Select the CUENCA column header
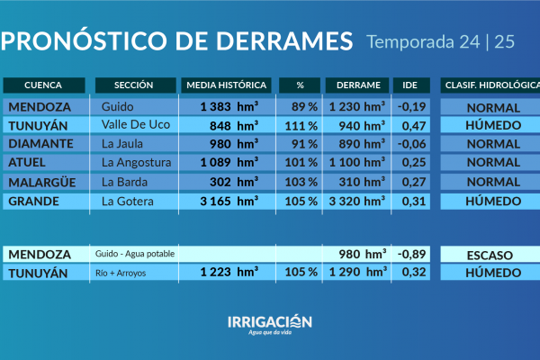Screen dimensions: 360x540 click(43, 85)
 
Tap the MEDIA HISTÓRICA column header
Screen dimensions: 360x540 click(226, 85)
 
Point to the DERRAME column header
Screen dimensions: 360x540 click(357, 85)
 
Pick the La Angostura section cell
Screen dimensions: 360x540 click(136, 163)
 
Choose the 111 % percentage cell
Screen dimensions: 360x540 click(301, 125)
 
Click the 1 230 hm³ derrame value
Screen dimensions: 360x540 click(357, 106)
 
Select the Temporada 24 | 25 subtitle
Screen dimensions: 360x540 click(441, 41)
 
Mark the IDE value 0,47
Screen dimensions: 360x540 click(412, 125)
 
